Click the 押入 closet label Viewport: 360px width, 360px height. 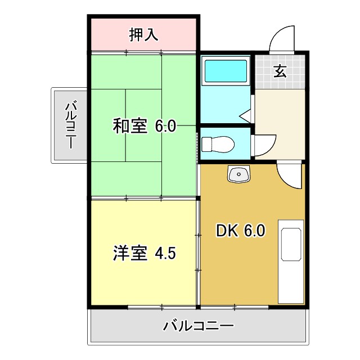point(143,35)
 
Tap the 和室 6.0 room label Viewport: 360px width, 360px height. point(145,126)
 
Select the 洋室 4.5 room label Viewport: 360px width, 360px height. point(145,253)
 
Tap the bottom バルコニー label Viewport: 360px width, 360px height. point(199,326)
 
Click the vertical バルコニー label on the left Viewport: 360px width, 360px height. point(70,125)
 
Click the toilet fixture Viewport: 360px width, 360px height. point(218,144)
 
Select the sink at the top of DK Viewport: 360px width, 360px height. point(238,174)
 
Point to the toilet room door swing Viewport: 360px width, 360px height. point(262,145)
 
